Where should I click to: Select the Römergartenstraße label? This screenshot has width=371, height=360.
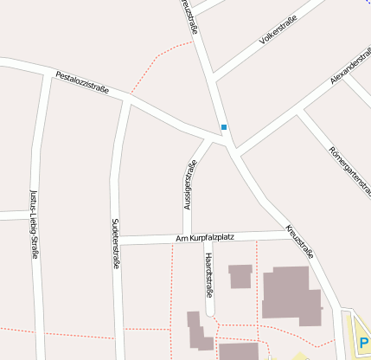click(x=349, y=171)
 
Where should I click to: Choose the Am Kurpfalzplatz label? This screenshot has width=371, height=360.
click(x=205, y=237)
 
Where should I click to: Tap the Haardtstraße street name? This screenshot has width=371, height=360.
click(x=208, y=272)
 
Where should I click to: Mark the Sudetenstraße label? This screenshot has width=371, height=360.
click(x=115, y=243)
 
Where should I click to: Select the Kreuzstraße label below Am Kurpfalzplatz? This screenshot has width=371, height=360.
click(x=299, y=243)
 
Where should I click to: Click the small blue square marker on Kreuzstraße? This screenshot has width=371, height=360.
click(x=224, y=127)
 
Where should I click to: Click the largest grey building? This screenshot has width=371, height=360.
click(x=291, y=294)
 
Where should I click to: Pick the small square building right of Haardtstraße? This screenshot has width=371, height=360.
click(x=240, y=276)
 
